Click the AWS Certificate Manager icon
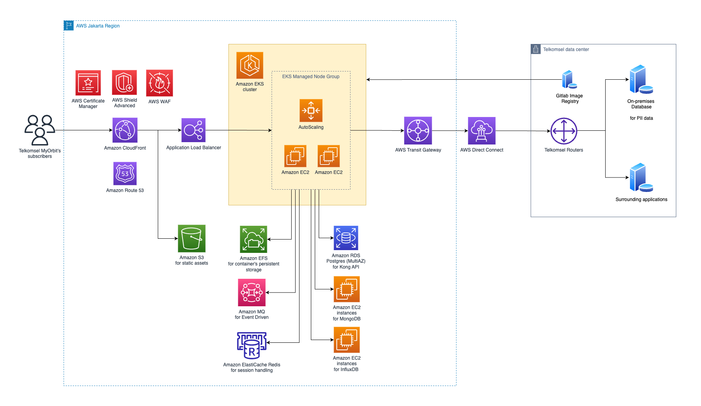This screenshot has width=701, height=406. click(88, 83)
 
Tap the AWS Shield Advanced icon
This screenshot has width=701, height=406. click(124, 82)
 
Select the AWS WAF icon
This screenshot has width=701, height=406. click(159, 83)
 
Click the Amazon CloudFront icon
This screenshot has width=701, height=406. click(125, 130)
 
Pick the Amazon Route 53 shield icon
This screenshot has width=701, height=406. click(125, 173)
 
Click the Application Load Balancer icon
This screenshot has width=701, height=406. click(193, 130)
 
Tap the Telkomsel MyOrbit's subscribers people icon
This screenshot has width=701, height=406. click(40, 130)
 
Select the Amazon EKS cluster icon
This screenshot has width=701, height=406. click(250, 66)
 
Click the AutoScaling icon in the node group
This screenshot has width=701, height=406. click(311, 110)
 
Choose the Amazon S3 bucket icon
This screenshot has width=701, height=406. click(192, 238)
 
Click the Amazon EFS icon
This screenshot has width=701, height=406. click(254, 239)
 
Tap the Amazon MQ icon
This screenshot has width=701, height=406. click(252, 293)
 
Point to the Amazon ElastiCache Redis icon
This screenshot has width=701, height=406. click(252, 346)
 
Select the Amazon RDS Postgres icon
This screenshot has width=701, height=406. click(346, 238)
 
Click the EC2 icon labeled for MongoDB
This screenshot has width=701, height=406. click(347, 289)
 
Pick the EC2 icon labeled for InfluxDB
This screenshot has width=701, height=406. click(347, 340)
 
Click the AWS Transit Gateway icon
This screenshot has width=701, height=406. click(418, 130)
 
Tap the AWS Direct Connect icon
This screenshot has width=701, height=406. click(482, 130)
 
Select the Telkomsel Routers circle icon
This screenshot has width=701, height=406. click(564, 131)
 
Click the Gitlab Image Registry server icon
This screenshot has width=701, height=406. click(569, 80)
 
